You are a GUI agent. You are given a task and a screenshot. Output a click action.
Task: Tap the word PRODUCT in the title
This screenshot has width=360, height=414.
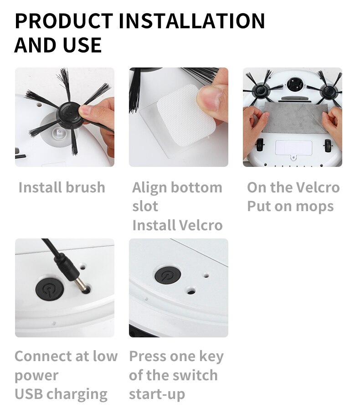tap(64, 21)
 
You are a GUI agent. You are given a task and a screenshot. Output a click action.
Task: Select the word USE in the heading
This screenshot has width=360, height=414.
tap(82, 45)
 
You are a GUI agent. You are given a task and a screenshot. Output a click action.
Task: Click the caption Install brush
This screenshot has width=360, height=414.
tap(62, 187)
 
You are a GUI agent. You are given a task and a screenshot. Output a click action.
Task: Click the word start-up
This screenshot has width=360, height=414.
tap(157, 394)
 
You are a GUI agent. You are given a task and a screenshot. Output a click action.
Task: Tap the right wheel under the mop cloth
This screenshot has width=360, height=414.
tap(327, 146)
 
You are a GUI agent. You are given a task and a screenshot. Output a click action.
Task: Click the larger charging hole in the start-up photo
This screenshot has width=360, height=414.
tap(191, 290)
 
